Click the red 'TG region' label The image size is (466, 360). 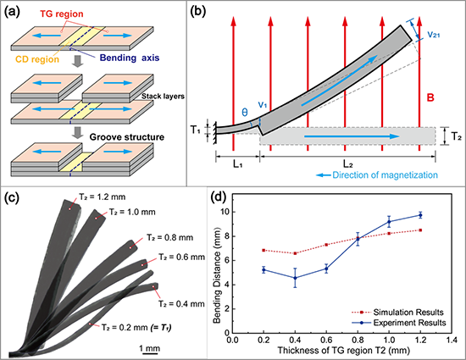click(62, 14)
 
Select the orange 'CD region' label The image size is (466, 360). click(37, 59)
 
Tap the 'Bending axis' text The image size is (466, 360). click(130, 58)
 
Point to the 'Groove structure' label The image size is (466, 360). click(127, 137)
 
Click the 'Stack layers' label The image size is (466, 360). click(163, 97)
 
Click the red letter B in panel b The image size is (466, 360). click(430, 97)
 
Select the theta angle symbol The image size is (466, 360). click(245, 113)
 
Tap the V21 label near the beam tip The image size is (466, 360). click(434, 35)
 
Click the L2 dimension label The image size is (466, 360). click(347, 163)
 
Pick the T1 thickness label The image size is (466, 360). click(195, 130)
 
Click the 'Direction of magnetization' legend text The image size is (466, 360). click(385, 175)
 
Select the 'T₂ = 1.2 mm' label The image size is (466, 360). click(102, 197)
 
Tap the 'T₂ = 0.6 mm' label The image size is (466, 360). click(181, 257)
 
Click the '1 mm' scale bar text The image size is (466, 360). click(150, 348)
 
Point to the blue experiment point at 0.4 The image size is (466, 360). click(295, 278)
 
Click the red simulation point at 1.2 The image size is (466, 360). click(420, 230)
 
